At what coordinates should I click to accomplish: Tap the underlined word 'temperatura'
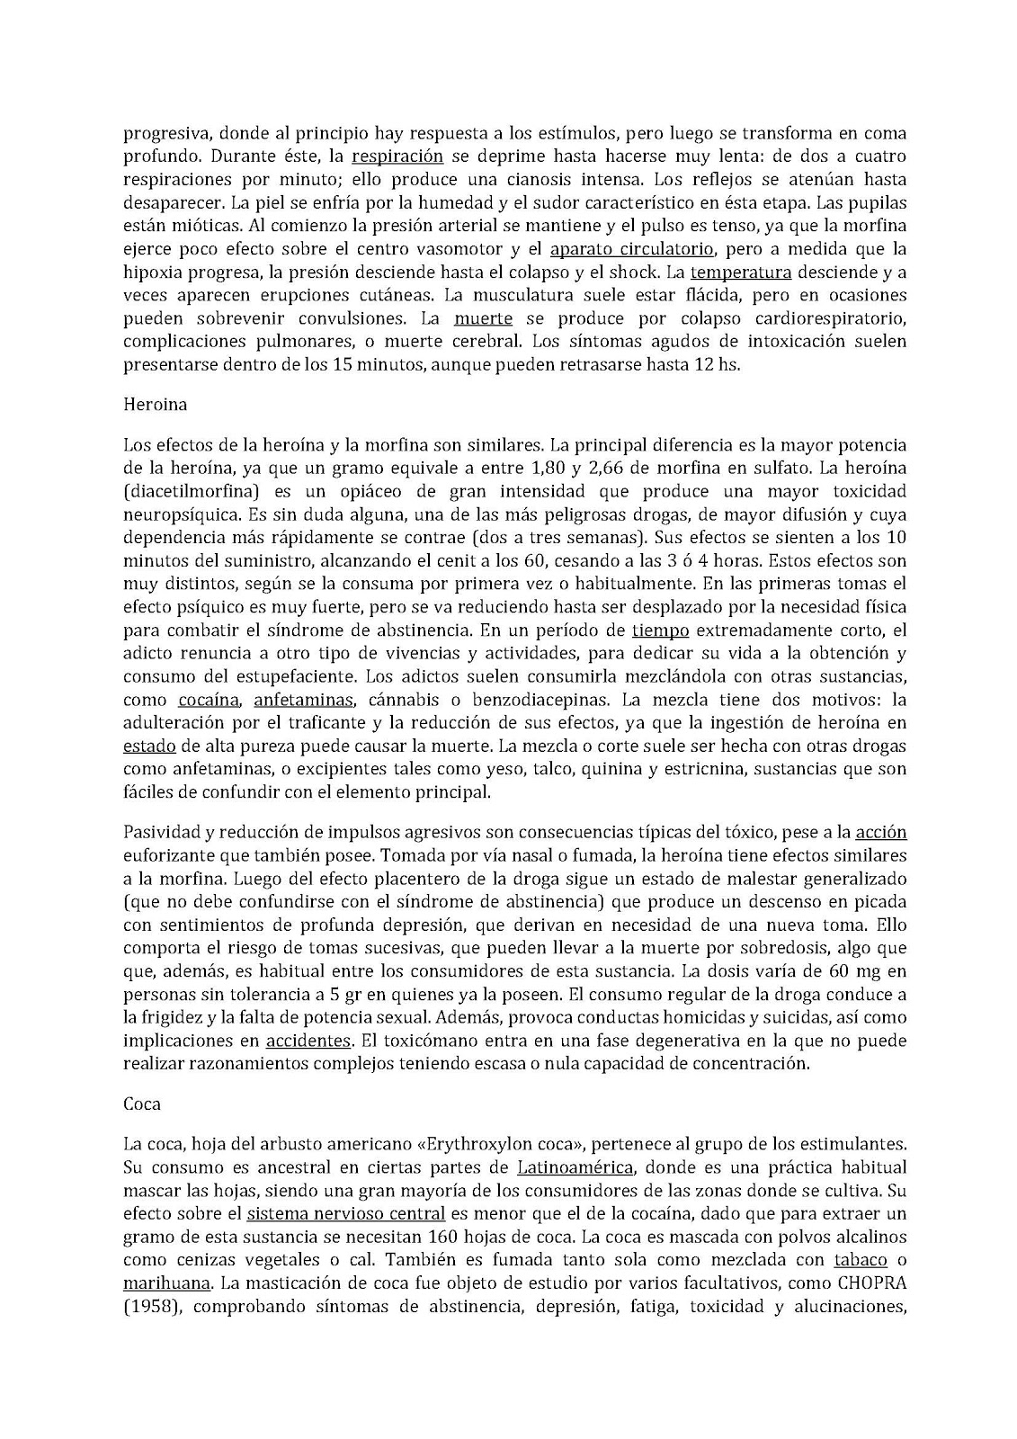tap(741, 273)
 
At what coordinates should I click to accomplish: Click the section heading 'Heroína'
tap(155, 405)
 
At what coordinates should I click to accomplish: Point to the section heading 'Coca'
tap(141, 1104)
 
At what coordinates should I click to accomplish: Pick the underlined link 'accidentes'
tap(308, 1041)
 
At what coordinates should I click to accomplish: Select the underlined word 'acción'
tap(880, 832)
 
